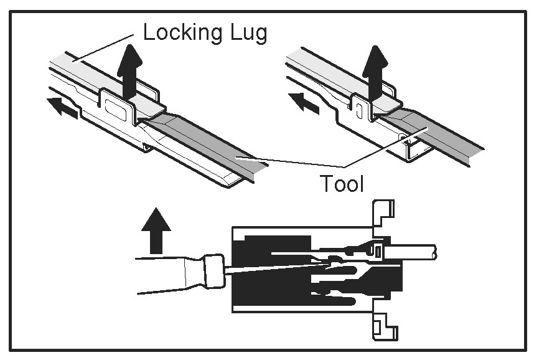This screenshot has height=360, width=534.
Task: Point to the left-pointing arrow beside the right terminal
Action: coord(304,102)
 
